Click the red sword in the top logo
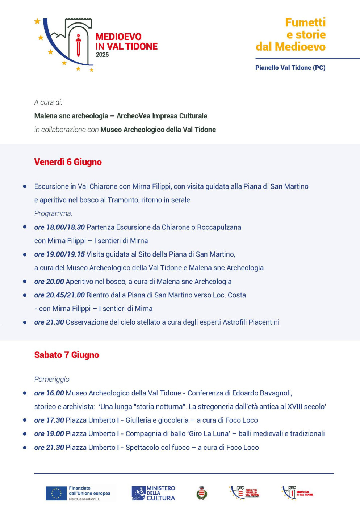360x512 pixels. (78, 45)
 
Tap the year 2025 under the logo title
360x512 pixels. (102, 55)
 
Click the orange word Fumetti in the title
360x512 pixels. (305, 22)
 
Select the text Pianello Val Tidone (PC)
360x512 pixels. (290, 68)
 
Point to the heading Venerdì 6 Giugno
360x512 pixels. (68, 162)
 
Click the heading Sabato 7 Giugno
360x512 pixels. (67, 355)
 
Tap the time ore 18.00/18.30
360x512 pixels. (59, 227)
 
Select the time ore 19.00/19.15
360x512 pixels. (59, 254)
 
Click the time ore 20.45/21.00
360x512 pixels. (59, 295)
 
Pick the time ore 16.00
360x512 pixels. (49, 393)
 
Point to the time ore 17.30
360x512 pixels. (49, 420)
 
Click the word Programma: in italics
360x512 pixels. (53, 213)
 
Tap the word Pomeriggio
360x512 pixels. (52, 380)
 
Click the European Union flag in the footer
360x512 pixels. (56, 493)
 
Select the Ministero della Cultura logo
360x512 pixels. (153, 493)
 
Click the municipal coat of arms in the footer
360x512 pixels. (202, 493)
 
